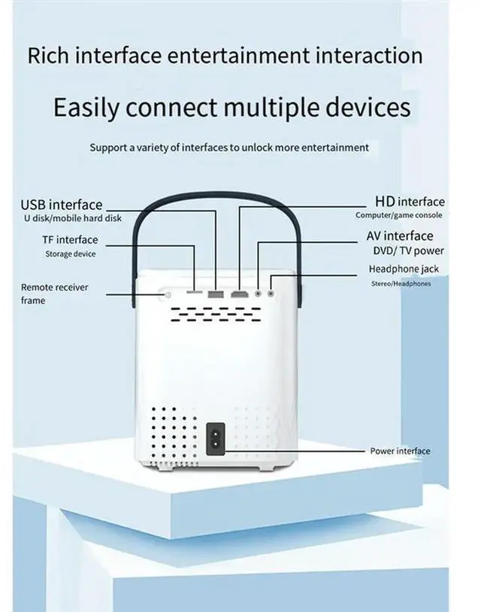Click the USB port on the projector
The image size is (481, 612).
(x=216, y=292)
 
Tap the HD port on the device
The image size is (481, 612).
(x=240, y=292)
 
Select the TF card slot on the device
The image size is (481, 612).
(x=195, y=292)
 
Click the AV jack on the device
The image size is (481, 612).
(x=259, y=292)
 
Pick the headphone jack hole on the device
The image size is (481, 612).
(x=271, y=292)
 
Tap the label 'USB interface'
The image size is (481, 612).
(x=62, y=204)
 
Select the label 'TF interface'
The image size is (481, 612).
(x=70, y=240)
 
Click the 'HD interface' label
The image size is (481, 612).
(x=410, y=202)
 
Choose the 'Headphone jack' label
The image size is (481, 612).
(x=404, y=269)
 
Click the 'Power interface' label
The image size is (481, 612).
(x=400, y=451)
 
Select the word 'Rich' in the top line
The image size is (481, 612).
(x=44, y=56)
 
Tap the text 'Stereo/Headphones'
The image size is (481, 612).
(x=401, y=284)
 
